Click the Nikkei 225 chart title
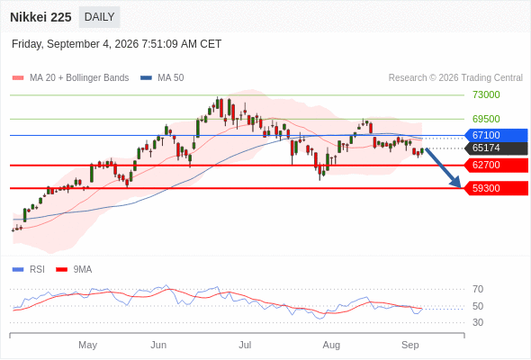(40, 17)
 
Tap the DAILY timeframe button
(99, 17)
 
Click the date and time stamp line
(116, 44)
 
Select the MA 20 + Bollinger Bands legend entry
(70, 78)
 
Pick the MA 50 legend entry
(162, 78)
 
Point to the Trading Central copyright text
(455, 78)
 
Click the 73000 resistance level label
(486, 94)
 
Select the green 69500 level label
(486, 119)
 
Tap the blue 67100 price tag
(496, 135)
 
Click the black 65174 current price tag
(496, 148)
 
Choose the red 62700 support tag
(496, 166)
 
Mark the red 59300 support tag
(496, 188)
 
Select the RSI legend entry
(29, 270)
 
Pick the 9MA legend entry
(74, 270)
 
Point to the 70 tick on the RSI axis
(478, 289)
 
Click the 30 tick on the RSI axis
(478, 322)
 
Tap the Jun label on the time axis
(158, 345)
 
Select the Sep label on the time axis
(410, 345)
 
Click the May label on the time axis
(87, 345)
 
